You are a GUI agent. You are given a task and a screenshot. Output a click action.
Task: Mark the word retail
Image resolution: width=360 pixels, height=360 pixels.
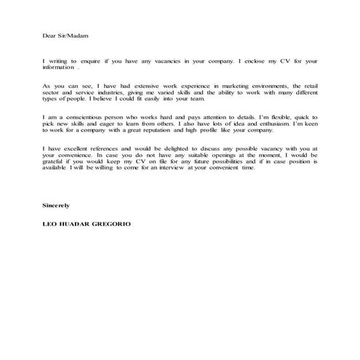[308, 87]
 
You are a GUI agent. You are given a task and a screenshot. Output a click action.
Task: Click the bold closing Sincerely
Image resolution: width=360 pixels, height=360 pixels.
[57, 206]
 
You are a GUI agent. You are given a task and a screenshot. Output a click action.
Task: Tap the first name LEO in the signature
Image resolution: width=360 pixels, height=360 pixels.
[50, 225]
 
